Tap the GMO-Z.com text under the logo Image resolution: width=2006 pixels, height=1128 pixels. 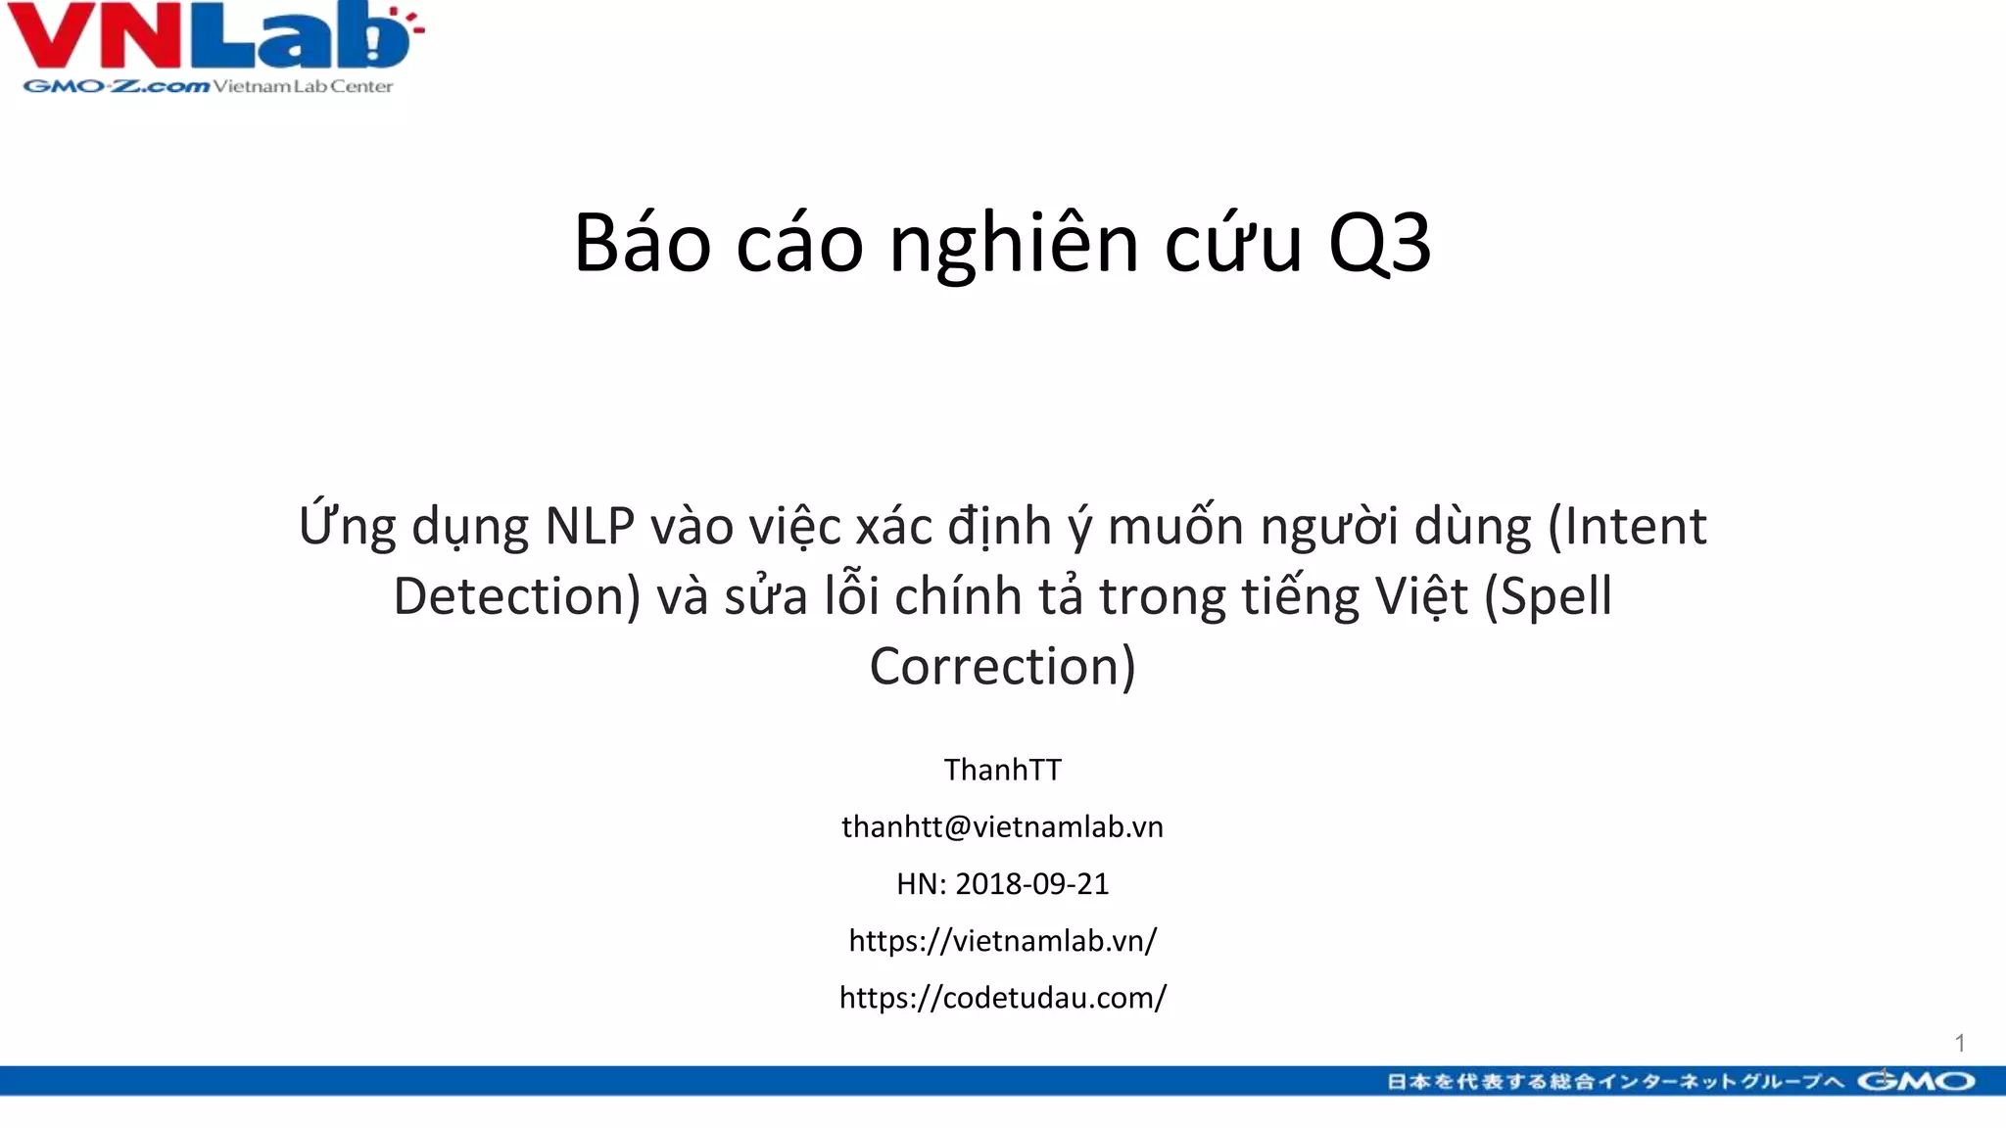116,86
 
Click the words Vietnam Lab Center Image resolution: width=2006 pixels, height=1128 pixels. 303,86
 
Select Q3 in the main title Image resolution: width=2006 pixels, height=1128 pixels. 1379,243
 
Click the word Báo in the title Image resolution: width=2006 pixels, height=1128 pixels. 642,243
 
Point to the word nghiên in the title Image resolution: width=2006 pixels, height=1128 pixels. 1014,243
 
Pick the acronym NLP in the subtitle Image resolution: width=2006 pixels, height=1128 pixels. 590,526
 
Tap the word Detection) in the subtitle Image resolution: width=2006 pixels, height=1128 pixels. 516,596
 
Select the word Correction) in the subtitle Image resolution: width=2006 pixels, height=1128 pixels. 1002,666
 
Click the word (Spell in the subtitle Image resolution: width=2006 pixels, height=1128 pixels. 1548,596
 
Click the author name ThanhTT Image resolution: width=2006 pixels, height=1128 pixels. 1002,770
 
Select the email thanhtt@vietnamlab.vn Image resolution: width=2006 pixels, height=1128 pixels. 1002,826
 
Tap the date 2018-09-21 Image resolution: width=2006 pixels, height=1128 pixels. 1031,883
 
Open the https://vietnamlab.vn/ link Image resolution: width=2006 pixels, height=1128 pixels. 1002,940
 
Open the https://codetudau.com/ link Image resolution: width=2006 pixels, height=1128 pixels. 1002,997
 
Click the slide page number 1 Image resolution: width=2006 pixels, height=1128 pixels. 1959,1043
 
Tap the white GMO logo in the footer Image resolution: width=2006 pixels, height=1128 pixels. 1916,1081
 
